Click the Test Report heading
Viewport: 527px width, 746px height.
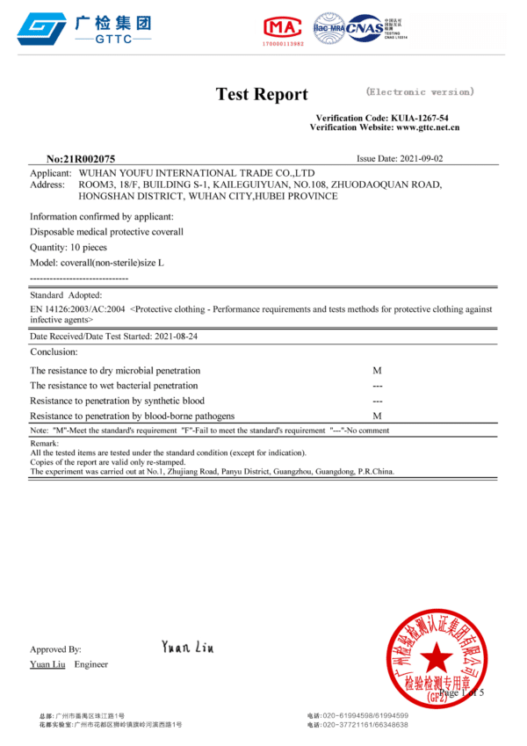pyautogui.click(x=262, y=95)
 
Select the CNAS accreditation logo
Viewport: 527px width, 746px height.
pyautogui.click(x=364, y=27)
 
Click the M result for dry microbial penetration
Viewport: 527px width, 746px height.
pyautogui.click(x=377, y=371)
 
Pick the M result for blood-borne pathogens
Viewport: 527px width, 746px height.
pyautogui.click(x=377, y=416)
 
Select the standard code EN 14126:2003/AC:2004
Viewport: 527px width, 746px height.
pyautogui.click(x=77, y=309)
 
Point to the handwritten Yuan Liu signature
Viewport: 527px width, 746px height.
pyautogui.click(x=187, y=648)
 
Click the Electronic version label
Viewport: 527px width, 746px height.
pyautogui.click(x=420, y=91)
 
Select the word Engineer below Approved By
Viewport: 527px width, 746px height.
pyautogui.click(x=91, y=664)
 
